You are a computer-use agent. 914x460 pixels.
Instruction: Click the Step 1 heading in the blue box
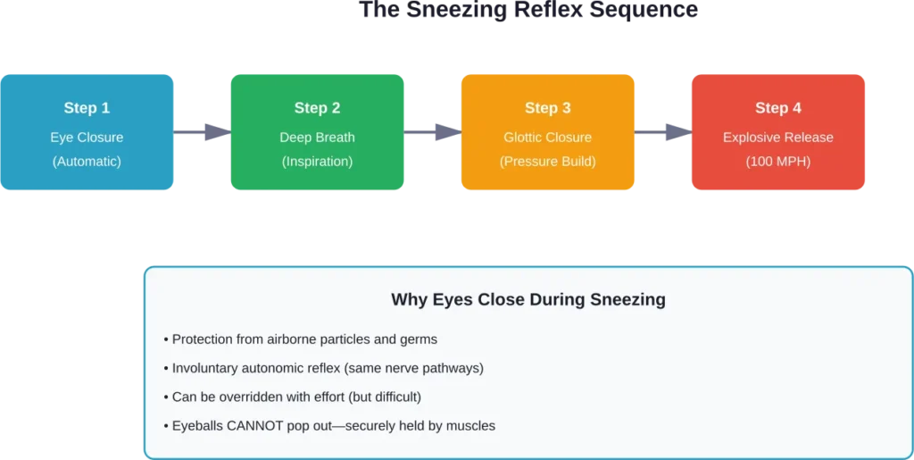click(x=87, y=108)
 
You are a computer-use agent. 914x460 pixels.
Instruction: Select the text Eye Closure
click(x=87, y=138)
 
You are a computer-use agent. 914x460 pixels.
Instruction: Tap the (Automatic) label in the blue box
click(x=87, y=162)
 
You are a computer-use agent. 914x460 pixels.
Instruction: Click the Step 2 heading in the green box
click(x=317, y=108)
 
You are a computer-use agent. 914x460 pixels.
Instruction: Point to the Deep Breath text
click(x=317, y=138)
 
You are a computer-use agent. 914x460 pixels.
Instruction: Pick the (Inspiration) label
click(x=317, y=162)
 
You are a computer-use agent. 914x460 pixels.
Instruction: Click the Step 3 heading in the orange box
click(x=547, y=108)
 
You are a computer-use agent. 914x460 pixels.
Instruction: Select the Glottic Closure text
click(x=547, y=138)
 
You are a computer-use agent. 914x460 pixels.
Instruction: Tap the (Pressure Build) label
click(x=547, y=162)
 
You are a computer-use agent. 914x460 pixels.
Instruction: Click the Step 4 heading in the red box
click(x=778, y=108)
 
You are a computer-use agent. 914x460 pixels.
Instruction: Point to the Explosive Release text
click(x=778, y=138)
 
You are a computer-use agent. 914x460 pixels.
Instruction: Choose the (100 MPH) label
click(x=778, y=162)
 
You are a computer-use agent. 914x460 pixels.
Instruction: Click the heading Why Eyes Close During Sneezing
click(x=528, y=300)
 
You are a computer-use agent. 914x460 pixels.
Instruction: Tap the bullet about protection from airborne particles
click(x=300, y=339)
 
